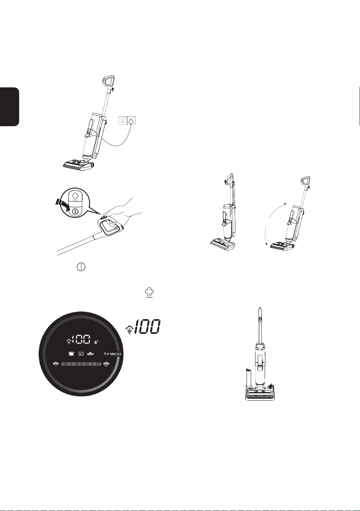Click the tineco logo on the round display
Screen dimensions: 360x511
coord(112,354)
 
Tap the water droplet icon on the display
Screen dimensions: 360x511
coord(96,342)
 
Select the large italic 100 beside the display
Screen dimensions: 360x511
coord(147,327)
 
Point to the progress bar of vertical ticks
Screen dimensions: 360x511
coord(81,364)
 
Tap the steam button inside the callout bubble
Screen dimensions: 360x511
coord(75,196)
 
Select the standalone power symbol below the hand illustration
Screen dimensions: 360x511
coord(81,267)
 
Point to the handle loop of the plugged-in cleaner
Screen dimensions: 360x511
coord(109,81)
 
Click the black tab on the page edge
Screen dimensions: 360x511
coord(9,107)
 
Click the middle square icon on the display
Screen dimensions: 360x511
coord(81,354)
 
